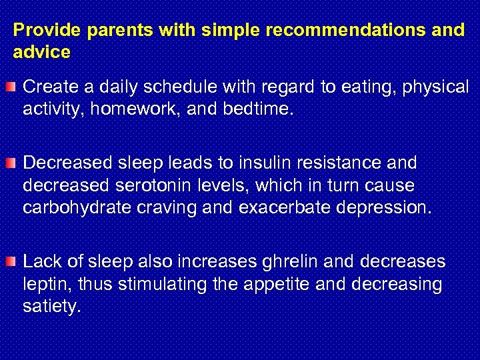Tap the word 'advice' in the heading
coord(41,52)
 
